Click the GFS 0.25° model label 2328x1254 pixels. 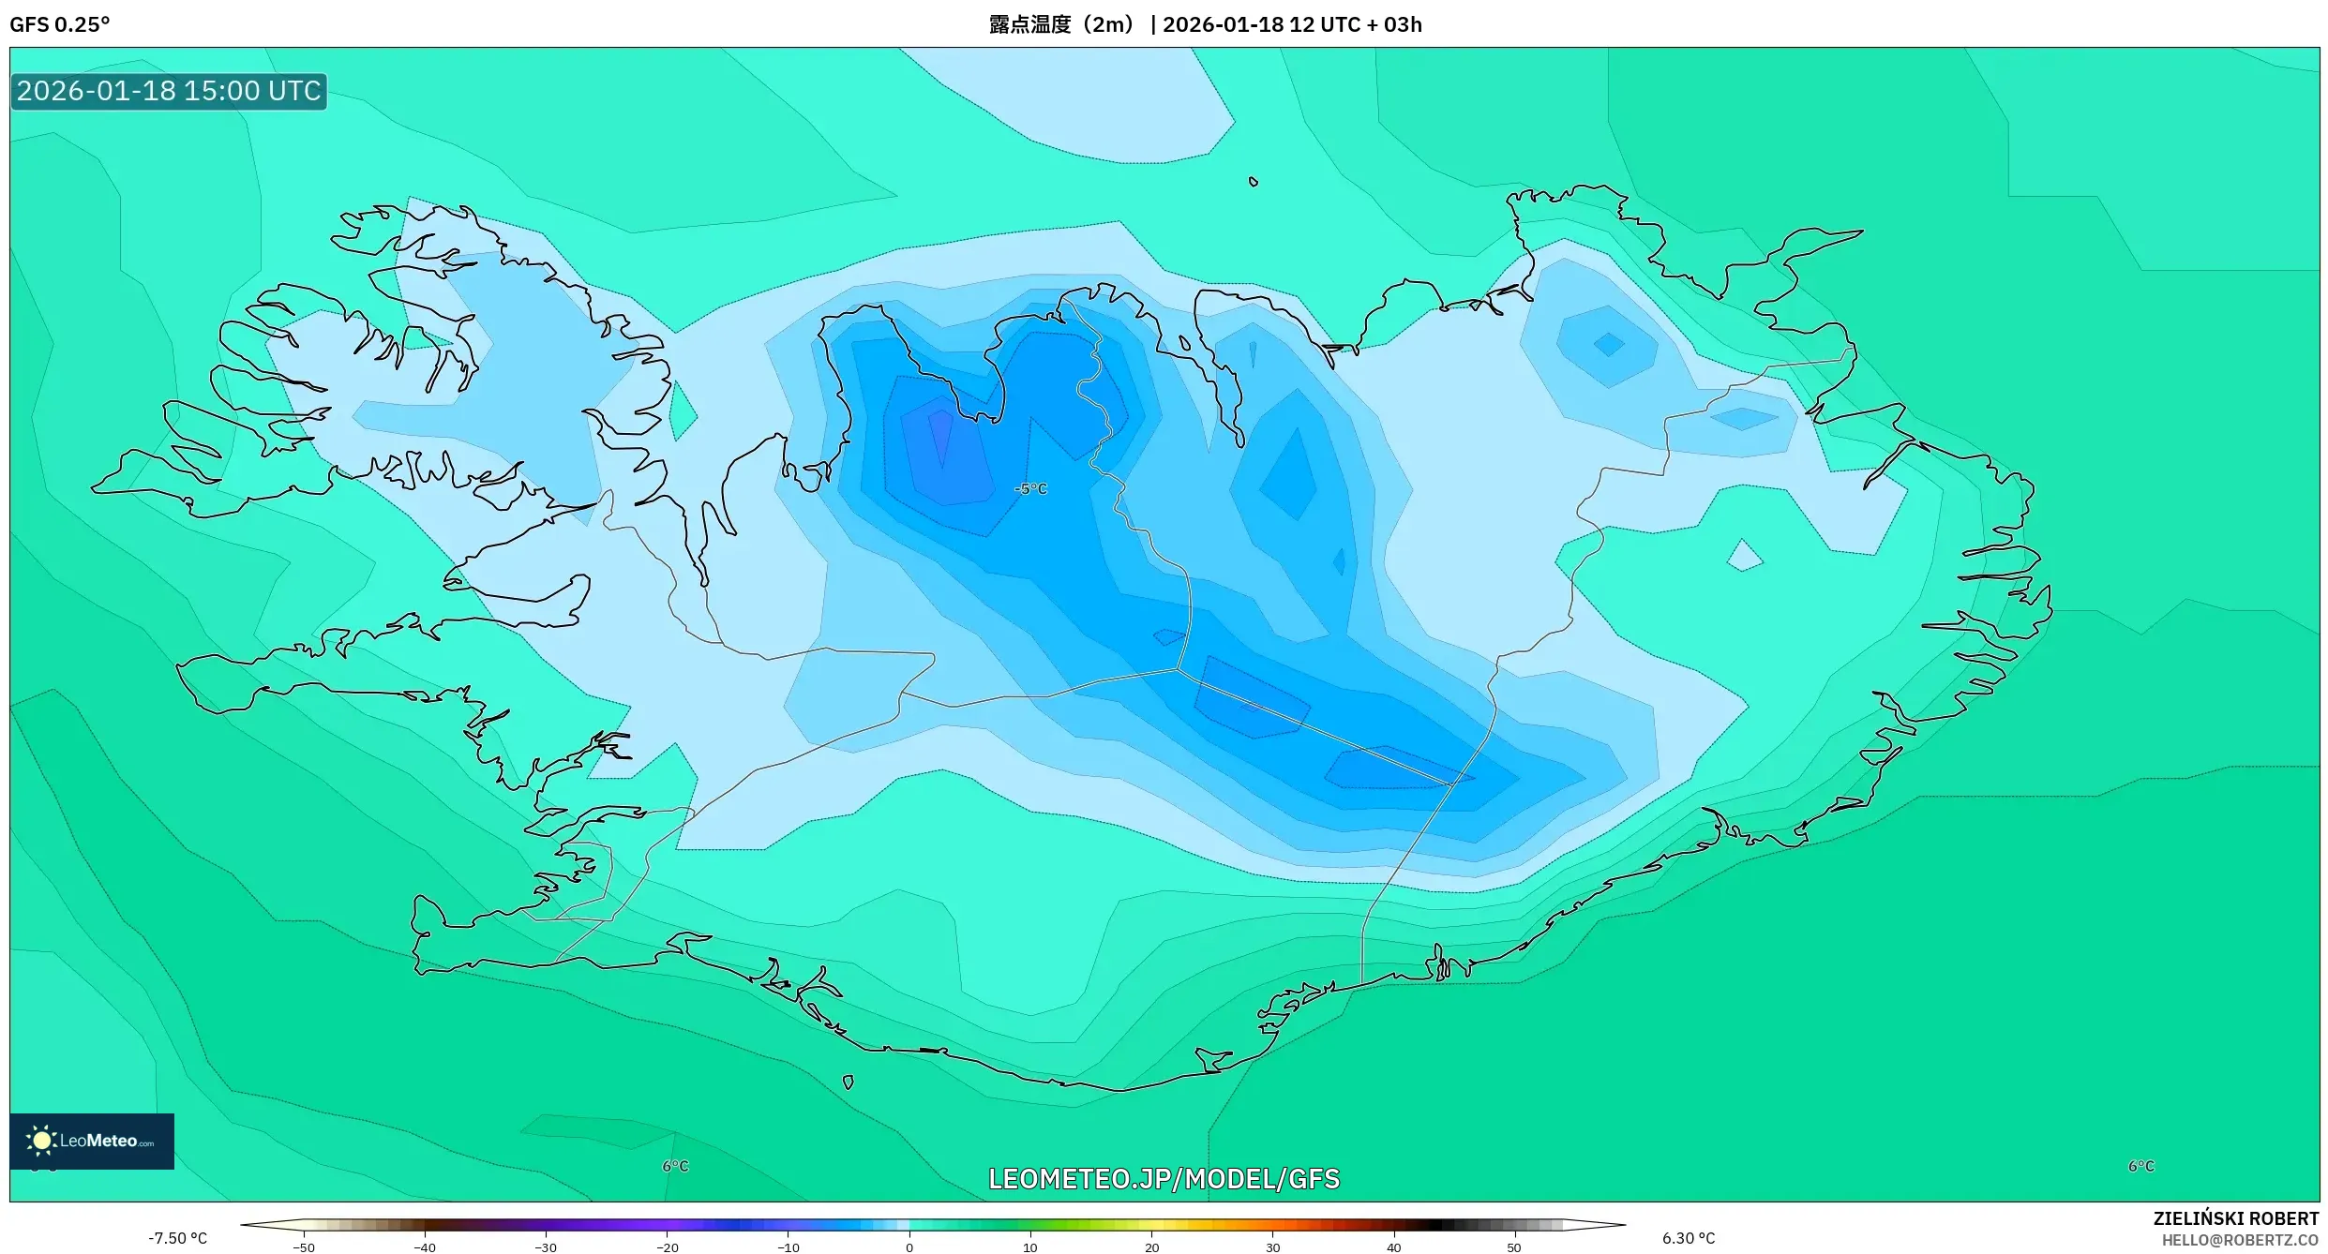tap(59, 24)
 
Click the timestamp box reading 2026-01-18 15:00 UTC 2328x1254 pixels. tap(169, 91)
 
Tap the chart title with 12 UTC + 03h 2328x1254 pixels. tap(1205, 24)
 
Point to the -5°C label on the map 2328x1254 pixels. tap(1030, 489)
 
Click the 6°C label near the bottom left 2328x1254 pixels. tap(675, 1166)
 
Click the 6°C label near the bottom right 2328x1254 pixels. tap(2140, 1166)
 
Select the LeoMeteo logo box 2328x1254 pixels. tap(92, 1141)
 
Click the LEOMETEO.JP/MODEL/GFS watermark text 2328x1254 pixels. tap(1164, 1179)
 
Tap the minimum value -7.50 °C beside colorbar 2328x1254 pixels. tap(177, 1238)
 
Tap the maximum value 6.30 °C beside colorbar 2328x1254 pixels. tap(1688, 1238)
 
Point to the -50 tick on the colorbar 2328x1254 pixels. tap(304, 1247)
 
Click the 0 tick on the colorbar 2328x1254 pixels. tap(909, 1247)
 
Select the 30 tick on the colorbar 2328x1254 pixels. tap(1272, 1247)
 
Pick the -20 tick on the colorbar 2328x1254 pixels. tap(667, 1247)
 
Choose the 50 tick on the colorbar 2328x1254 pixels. tap(1513, 1247)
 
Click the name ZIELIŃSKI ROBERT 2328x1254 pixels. tap(2235, 1218)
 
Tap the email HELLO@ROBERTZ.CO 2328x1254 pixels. tap(2239, 1240)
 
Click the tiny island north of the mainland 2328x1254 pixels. tap(1254, 182)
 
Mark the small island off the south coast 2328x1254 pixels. tap(848, 1082)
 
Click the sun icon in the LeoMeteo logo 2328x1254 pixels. tap(41, 1141)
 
